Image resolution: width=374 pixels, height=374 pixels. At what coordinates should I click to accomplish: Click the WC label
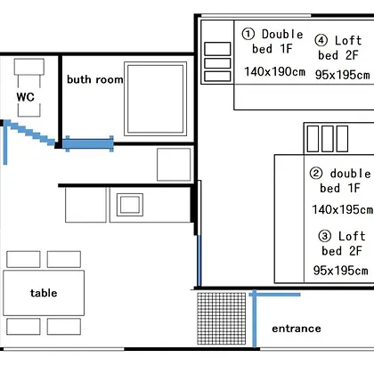point(26,97)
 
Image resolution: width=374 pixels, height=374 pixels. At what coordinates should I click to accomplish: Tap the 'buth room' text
point(95,79)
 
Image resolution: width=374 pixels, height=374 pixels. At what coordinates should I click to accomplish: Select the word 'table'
point(44,293)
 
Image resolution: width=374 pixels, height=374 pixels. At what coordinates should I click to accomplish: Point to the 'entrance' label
point(297,329)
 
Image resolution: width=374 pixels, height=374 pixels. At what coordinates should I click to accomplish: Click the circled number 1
point(248,34)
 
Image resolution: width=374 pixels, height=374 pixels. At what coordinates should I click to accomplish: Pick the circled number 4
point(321,40)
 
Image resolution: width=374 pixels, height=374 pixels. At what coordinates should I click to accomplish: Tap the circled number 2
point(316,173)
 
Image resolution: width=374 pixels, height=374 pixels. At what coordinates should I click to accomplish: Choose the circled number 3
point(325,236)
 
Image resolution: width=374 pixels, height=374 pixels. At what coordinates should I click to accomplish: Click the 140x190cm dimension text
point(274,71)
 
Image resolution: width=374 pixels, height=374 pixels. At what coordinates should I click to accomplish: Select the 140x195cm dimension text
point(343,209)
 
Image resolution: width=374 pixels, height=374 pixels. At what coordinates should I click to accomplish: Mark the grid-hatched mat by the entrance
point(222,319)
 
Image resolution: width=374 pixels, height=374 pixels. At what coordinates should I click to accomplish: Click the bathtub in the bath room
point(155,99)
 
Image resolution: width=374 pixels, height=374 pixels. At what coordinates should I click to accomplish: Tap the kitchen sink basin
point(130,205)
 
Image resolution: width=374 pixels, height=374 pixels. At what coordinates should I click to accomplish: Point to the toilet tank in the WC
point(29,67)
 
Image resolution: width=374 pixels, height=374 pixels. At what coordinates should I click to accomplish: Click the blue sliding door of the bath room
point(88,144)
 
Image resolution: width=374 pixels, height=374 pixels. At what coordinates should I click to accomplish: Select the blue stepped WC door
point(29,133)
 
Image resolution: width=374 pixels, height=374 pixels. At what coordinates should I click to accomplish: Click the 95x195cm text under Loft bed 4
point(342,75)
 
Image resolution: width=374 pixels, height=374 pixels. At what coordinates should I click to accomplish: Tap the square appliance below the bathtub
point(174,165)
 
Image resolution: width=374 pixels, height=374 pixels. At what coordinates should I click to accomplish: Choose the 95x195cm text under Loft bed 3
point(340,271)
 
